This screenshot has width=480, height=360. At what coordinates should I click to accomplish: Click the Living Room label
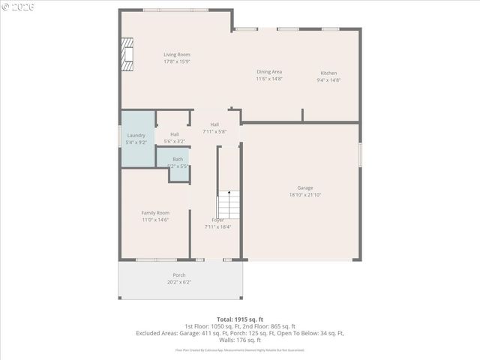coord(177,55)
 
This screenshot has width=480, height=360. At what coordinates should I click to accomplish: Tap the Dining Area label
coord(269,72)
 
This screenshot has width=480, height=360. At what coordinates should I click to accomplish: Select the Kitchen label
coord(328,72)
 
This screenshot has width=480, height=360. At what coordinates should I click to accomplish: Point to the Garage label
coord(304,187)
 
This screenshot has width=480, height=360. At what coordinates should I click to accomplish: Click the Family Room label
coord(155,212)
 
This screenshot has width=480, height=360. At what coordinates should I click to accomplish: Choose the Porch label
coord(179,275)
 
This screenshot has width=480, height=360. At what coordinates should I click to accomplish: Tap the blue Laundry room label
coord(136,135)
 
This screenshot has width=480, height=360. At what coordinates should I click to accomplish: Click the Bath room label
coord(178,159)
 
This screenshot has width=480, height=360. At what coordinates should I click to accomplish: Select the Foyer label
coord(217,219)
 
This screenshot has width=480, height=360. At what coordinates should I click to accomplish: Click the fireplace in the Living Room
coord(127,55)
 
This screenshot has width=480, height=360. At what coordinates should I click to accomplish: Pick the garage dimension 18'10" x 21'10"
coord(304,195)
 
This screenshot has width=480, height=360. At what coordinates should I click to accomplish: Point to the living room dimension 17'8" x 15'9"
coord(177,62)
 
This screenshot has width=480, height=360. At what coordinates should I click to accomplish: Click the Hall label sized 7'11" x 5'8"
coord(214,124)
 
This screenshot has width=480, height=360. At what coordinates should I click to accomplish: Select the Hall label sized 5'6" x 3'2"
coord(174,135)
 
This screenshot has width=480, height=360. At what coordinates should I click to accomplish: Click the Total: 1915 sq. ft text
coord(239,319)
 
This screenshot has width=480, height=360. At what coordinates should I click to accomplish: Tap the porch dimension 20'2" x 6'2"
coord(179,283)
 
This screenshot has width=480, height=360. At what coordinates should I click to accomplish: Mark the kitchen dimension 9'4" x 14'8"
coord(328,79)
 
